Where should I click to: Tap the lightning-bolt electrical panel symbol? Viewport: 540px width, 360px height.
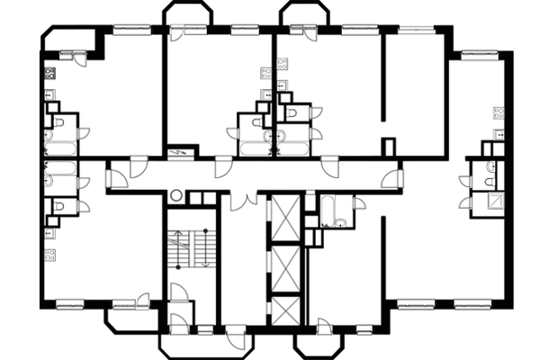[181, 152]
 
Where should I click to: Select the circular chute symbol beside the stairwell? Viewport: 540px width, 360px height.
[176, 194]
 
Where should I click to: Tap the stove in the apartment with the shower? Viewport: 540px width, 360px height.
[498, 112]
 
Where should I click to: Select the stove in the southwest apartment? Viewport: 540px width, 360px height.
[50, 233]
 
